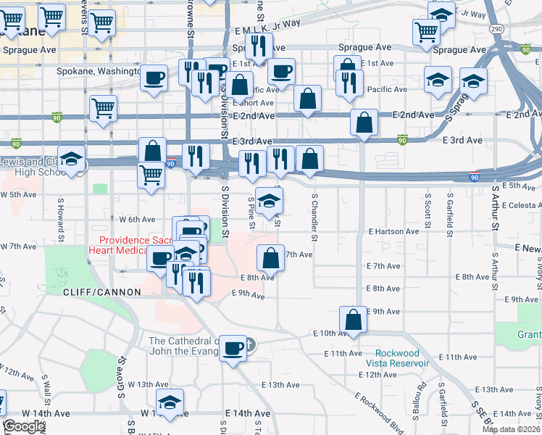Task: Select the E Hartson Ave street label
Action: (393, 232)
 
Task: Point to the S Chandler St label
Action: (315, 216)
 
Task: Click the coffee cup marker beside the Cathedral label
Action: (233, 348)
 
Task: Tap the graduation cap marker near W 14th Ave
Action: (170, 402)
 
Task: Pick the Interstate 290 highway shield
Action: (496, 28)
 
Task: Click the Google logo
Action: (24, 426)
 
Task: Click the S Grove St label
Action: (122, 377)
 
